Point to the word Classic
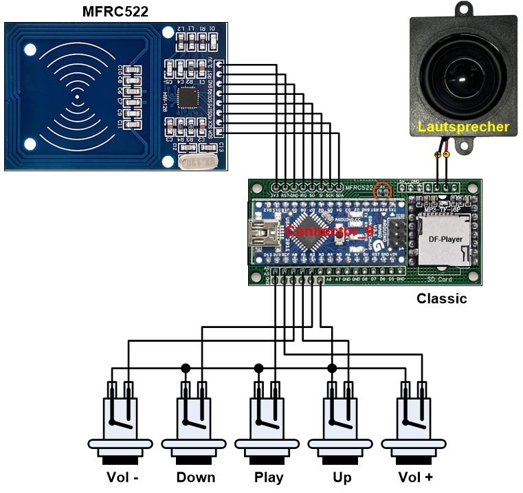pos(442,298)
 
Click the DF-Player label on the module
pos(445,239)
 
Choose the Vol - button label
pos(124,477)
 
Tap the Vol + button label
pos(416,477)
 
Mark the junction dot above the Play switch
pos(259,368)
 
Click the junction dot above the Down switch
pos(186,368)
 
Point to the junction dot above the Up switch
pos(333,368)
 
